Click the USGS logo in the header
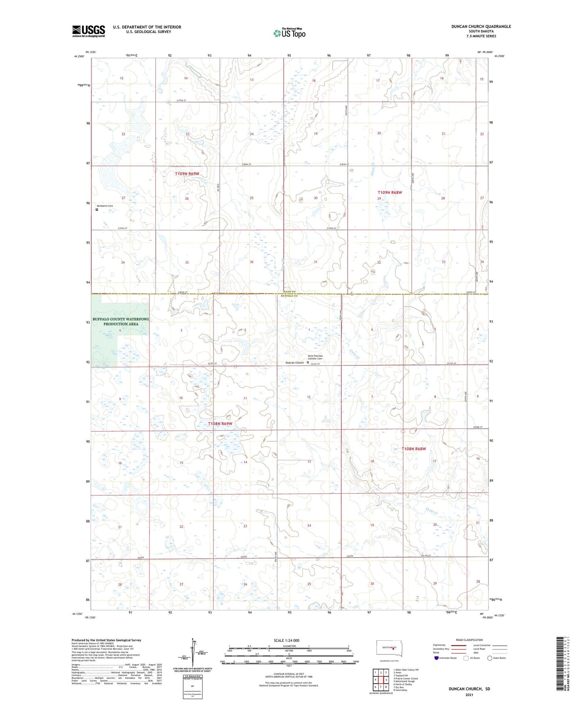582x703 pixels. pos(88,31)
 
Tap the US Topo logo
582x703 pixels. pos(289,33)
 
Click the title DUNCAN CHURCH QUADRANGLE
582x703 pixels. pos(481,27)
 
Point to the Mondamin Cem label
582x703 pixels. pos(105,206)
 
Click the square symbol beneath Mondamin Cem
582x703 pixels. pos(97,209)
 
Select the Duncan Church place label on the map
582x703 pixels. pos(294,363)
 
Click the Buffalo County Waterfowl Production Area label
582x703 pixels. pos(121,321)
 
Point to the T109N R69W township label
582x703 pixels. pos(187,174)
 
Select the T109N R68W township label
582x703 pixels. pos(389,192)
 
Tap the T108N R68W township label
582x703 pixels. pos(413,449)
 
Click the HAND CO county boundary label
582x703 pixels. pos(289,292)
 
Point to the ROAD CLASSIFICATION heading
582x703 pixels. pos(469,640)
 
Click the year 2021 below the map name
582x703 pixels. pos(469,695)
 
